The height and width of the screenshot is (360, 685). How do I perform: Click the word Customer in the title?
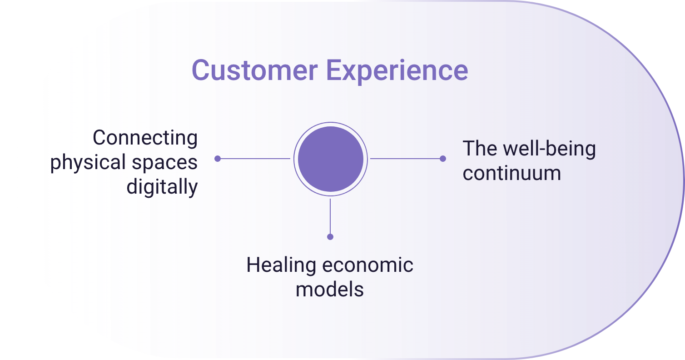[x=255, y=70]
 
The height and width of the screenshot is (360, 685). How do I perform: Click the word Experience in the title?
[x=397, y=72]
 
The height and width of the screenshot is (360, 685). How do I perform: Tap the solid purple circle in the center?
[x=331, y=159]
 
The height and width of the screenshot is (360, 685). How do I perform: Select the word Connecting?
[x=145, y=138]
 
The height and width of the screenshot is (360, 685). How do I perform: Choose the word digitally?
[x=162, y=187]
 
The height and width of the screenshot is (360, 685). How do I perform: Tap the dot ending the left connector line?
[x=218, y=159]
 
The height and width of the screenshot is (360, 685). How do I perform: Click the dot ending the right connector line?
[x=443, y=159]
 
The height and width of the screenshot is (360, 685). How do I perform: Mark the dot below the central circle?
[x=330, y=237]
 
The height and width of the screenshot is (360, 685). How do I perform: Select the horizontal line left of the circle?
[x=254, y=159]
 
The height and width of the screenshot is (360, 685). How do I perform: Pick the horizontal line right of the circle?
[x=407, y=159]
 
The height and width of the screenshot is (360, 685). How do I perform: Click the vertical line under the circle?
[x=330, y=218]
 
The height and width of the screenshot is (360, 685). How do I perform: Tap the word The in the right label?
[x=480, y=149]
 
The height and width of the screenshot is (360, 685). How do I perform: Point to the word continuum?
[x=512, y=173]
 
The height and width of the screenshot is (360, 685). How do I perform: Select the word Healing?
[x=281, y=265]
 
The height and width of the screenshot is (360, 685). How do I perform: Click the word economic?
[x=368, y=265]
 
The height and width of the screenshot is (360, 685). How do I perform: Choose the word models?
[x=330, y=290]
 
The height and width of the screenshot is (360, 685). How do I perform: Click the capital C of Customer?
[x=200, y=70]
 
